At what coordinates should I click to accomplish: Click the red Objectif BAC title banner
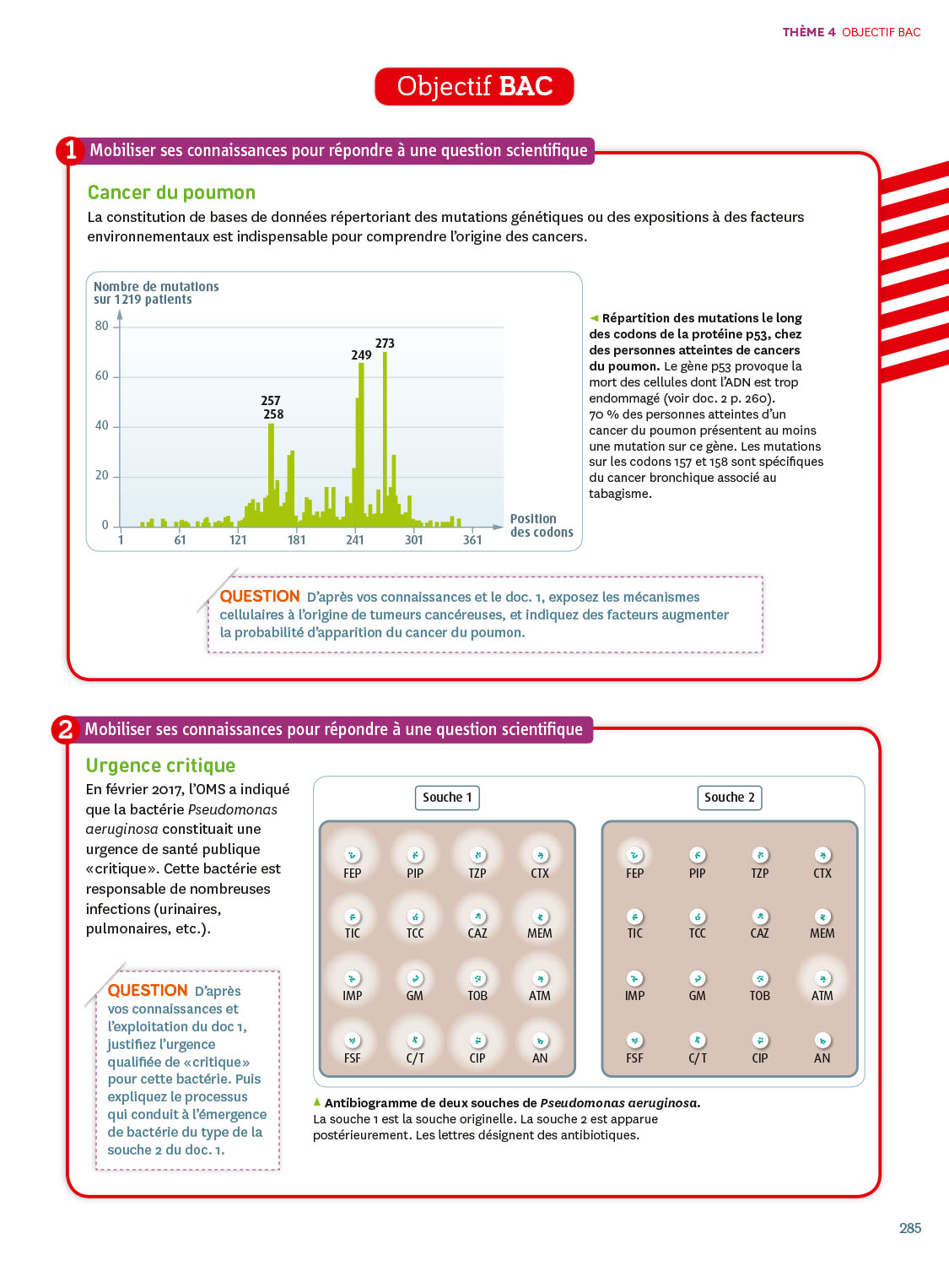tap(474, 87)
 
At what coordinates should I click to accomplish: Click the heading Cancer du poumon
tap(171, 192)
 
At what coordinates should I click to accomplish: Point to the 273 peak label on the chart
tap(385, 344)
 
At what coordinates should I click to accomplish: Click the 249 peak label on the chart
tap(361, 355)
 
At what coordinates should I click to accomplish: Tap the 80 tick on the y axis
tap(102, 326)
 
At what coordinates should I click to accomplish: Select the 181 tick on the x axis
tap(296, 540)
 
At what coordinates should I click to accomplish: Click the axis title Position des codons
tap(541, 526)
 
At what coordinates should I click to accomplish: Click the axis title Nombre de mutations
tap(156, 287)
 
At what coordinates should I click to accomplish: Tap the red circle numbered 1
tap(71, 150)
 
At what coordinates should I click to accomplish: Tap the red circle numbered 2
tap(66, 729)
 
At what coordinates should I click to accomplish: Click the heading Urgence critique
tap(160, 766)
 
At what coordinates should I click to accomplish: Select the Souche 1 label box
tap(447, 798)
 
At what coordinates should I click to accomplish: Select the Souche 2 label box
tap(730, 798)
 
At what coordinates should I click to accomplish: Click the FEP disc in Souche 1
tap(353, 855)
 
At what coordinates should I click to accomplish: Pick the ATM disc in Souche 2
tap(822, 978)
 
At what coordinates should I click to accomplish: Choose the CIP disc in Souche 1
tap(477, 1041)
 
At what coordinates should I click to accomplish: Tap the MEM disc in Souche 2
tap(822, 917)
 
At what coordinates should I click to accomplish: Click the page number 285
tap(910, 1228)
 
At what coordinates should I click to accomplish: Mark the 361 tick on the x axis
tap(472, 540)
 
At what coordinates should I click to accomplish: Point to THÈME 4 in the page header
tap(809, 32)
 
